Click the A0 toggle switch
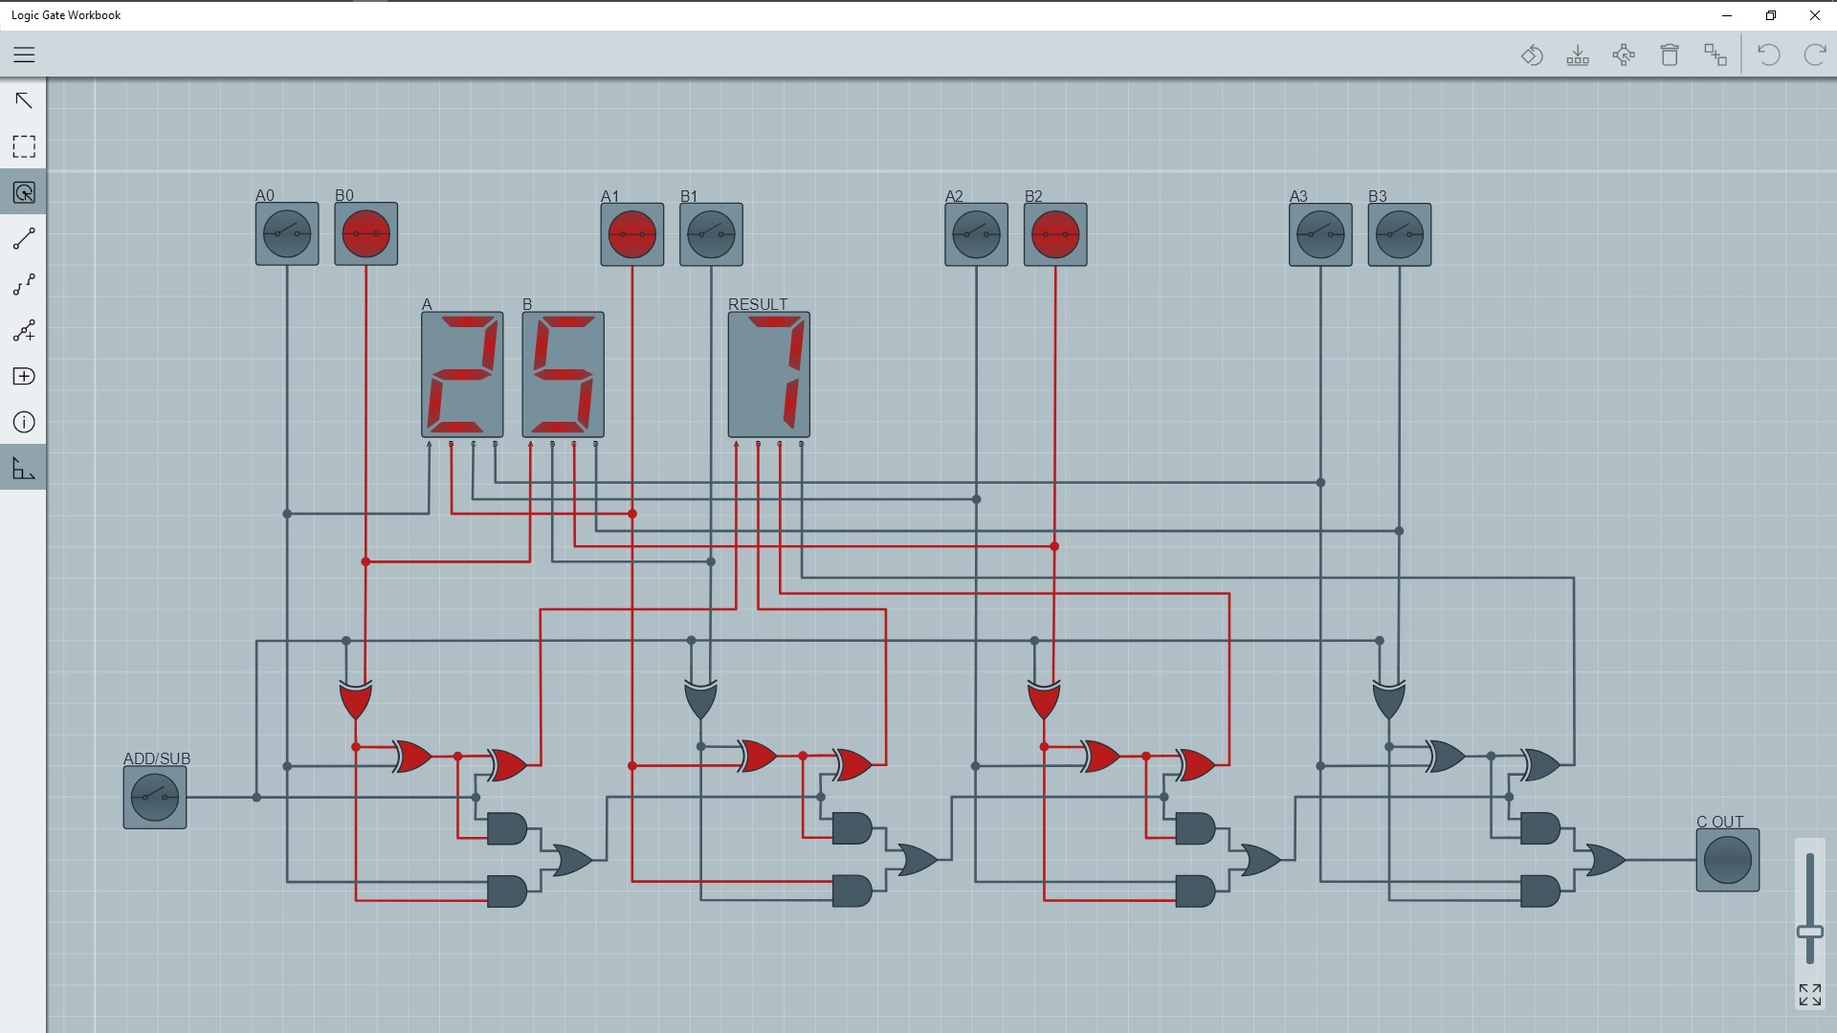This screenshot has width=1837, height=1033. (287, 233)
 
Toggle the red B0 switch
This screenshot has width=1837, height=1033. (366, 233)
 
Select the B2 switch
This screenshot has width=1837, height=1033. (1055, 234)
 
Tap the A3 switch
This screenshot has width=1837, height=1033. (1320, 234)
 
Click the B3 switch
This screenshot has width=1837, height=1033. (1400, 234)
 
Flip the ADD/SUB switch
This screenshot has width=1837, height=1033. (155, 797)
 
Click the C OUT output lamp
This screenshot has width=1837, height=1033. (1727, 860)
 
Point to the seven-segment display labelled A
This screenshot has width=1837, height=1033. (462, 374)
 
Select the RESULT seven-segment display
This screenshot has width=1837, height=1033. (769, 374)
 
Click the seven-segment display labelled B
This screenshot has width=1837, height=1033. (563, 374)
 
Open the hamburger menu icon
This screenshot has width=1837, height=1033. (24, 55)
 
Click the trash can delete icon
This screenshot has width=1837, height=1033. (1670, 55)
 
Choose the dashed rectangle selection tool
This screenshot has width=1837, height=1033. (24, 146)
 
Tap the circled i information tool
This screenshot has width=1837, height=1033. (24, 422)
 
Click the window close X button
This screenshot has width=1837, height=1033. (1814, 15)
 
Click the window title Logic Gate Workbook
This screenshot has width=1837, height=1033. (66, 15)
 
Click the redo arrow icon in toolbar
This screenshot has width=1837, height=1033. (1814, 55)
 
